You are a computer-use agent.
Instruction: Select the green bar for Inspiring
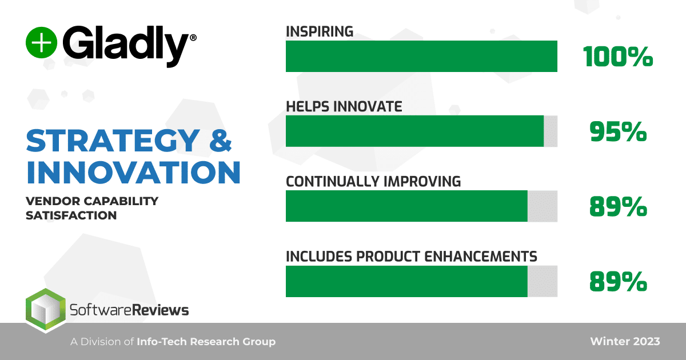point(421,56)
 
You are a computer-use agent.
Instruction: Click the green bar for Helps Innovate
point(414,131)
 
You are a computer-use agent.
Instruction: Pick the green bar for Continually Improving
point(406,206)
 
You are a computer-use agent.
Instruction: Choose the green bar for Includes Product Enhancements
point(406,281)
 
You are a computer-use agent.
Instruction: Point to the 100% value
point(618,57)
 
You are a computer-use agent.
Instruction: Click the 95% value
point(618,132)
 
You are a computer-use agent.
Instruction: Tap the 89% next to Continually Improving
point(618,207)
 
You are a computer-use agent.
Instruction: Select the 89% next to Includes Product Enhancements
point(618,282)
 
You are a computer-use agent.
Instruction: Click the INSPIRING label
point(320,31)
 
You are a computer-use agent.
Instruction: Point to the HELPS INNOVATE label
point(344,106)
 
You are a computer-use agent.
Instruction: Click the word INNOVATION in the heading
point(133,172)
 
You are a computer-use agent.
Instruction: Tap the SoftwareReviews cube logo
point(45,311)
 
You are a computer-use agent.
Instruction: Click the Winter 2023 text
point(625,342)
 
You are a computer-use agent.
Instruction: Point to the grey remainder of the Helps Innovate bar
point(551,131)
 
